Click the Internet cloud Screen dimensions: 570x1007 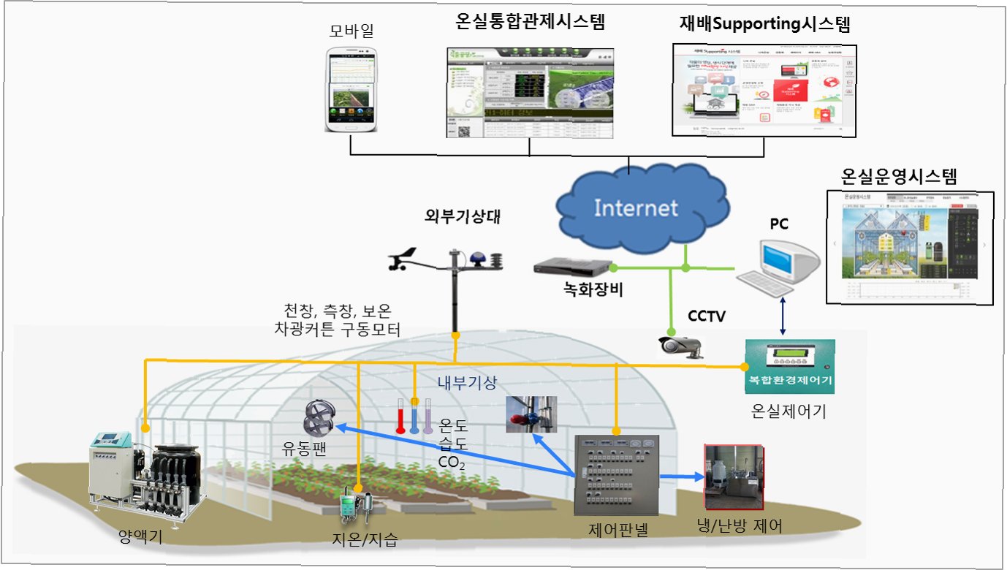635,208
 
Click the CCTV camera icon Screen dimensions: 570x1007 680,345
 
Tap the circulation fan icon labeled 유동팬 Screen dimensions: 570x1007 319,417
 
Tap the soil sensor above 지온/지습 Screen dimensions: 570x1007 357,505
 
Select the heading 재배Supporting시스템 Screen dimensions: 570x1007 765,23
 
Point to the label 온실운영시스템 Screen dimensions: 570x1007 899,176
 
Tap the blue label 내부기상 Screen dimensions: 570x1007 461,381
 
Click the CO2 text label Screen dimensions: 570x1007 452,462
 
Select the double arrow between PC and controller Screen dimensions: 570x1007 783,315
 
